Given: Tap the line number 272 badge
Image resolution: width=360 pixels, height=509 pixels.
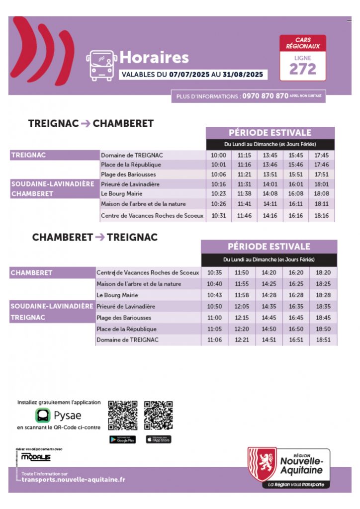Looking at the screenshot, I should point(302,69).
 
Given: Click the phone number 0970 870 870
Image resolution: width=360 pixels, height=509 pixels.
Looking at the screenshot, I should point(265,96).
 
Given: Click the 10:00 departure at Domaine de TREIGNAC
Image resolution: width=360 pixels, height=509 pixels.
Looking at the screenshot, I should point(219,155).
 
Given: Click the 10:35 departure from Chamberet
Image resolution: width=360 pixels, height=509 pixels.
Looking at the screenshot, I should point(214,272).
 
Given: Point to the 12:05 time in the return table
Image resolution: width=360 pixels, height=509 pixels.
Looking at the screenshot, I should point(242,307).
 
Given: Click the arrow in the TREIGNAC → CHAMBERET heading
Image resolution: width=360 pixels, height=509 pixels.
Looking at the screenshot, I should point(86,124).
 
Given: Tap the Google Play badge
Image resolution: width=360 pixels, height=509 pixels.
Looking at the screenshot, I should point(122,439).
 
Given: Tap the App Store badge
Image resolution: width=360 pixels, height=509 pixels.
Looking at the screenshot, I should point(158,439).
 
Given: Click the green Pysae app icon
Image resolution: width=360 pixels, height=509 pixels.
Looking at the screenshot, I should point(43,415).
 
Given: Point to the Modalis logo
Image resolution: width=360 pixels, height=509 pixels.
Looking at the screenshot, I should point(36,457).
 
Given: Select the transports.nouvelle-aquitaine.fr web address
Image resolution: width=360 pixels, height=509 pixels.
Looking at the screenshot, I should point(74,480).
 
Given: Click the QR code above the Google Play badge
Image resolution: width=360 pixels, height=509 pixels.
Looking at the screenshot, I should point(122,415).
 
